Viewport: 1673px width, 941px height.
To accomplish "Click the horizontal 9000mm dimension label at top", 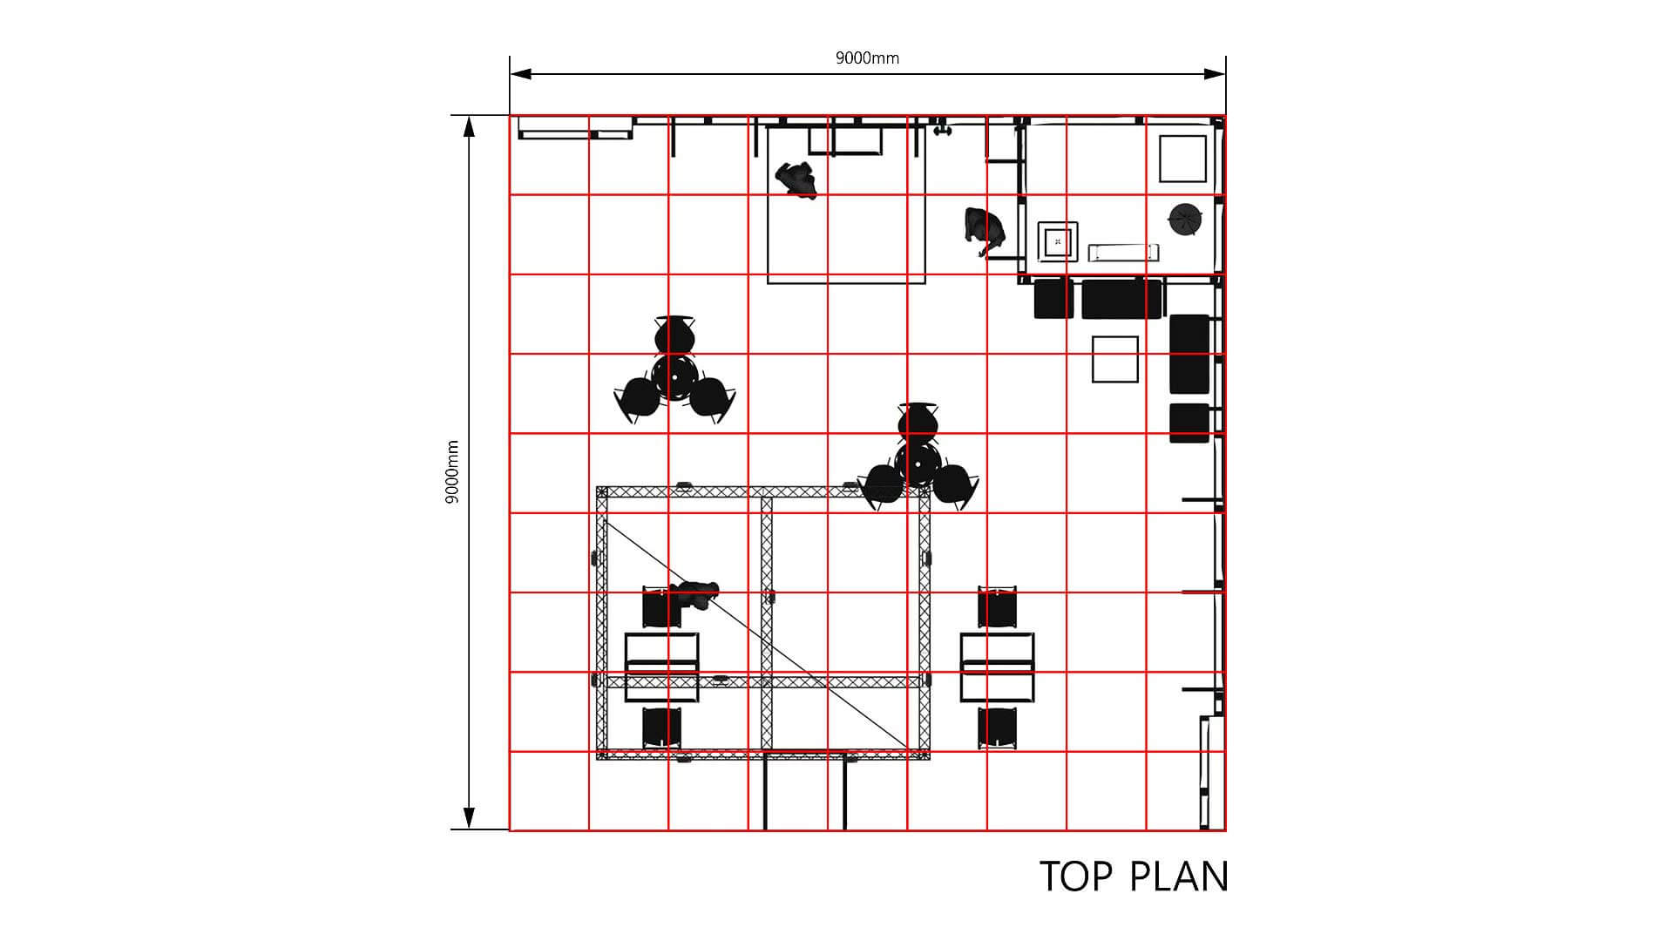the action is (867, 58).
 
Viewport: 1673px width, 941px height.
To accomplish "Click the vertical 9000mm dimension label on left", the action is (452, 472).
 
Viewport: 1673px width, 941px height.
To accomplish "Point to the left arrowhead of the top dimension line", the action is (521, 74).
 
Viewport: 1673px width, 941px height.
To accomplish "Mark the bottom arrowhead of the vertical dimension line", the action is (469, 818).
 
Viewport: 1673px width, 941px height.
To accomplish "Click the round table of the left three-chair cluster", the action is (674, 376).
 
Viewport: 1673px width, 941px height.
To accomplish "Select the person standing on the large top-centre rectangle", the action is (796, 180).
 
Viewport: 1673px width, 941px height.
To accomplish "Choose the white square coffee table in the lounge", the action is (1115, 359).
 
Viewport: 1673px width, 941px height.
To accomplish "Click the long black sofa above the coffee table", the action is (1121, 299).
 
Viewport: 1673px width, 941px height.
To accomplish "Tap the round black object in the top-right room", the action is (1185, 219).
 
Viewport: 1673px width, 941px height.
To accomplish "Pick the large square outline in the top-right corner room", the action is (1182, 159).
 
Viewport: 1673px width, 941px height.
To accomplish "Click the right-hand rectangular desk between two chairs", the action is (998, 667).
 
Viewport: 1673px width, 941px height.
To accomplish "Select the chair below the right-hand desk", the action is (998, 728).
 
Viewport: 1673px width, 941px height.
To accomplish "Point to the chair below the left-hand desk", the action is (662, 728).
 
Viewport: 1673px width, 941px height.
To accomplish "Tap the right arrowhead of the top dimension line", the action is (1215, 74).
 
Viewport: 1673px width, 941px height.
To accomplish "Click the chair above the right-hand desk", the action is (998, 607).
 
